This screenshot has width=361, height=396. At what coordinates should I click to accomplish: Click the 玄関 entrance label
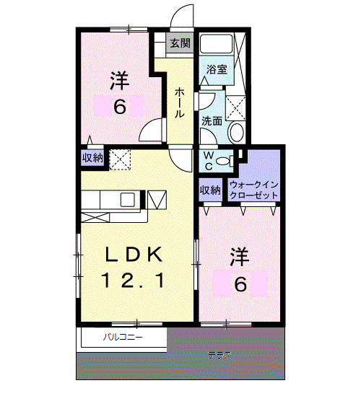[x=180, y=43]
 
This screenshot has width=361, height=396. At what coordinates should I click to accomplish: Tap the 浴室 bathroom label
[x=217, y=71]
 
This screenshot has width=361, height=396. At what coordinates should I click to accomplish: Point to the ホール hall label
[x=178, y=102]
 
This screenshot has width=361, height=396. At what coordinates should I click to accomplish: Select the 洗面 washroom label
[x=211, y=120]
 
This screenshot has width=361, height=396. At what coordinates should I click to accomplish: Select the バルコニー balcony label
[x=122, y=337]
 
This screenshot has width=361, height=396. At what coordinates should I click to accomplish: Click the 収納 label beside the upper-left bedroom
[x=92, y=157]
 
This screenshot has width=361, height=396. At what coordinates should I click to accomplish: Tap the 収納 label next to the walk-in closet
[x=210, y=190]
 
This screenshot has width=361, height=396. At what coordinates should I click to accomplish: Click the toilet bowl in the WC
[x=225, y=160]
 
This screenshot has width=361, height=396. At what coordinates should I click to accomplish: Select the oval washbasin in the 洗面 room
[x=236, y=132]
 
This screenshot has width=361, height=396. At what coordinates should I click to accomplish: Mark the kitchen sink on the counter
[x=127, y=199]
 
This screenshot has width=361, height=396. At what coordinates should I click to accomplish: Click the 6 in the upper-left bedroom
[x=119, y=107]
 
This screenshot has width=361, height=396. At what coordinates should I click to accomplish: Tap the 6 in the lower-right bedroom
[x=240, y=283]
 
